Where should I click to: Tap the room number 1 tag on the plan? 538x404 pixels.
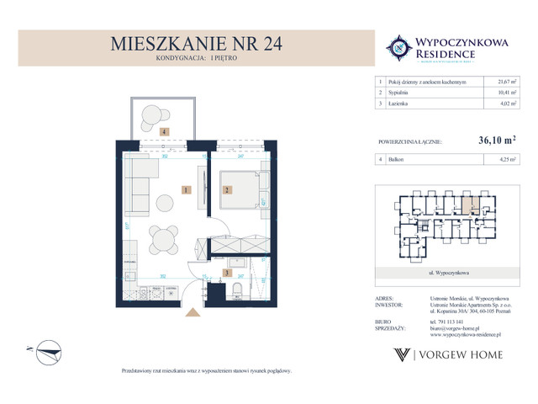[183, 190]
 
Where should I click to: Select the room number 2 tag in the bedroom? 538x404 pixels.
[226, 190]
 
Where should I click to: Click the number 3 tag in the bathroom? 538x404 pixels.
[226, 273]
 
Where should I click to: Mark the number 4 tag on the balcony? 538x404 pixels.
[165, 131]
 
